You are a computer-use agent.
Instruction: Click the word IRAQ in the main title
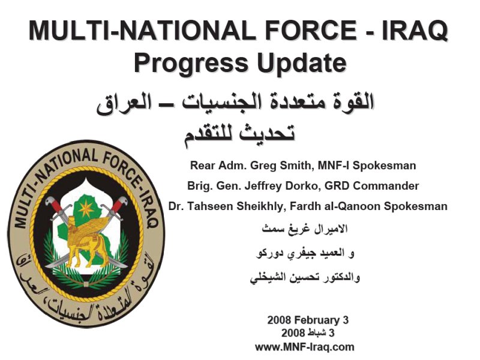[415, 30]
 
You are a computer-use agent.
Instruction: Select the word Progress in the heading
[191, 62]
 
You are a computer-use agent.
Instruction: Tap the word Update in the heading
[302, 62]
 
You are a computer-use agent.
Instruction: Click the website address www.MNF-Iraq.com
[305, 347]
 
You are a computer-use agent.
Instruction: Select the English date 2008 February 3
[308, 320]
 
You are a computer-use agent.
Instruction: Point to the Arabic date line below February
[308, 333]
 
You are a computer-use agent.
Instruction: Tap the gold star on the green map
[86, 209]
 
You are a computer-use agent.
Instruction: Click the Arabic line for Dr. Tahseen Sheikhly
[305, 278]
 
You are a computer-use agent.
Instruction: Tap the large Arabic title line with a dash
[235, 103]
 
